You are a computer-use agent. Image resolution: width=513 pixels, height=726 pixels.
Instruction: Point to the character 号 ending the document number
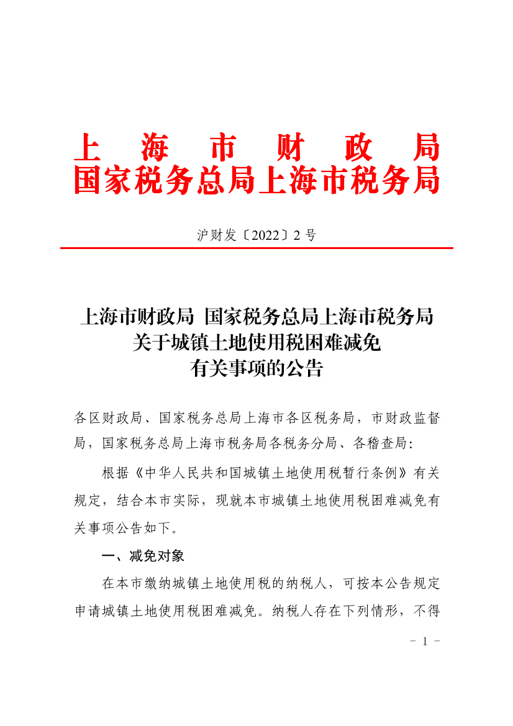pyautogui.click(x=311, y=235)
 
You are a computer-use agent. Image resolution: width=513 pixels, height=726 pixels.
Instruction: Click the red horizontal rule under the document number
pyautogui.click(x=256, y=248)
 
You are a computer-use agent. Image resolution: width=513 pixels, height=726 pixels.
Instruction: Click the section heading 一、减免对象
pyautogui.click(x=143, y=555)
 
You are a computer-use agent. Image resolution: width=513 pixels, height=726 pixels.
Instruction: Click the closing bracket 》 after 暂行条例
pyautogui.click(x=402, y=473)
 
